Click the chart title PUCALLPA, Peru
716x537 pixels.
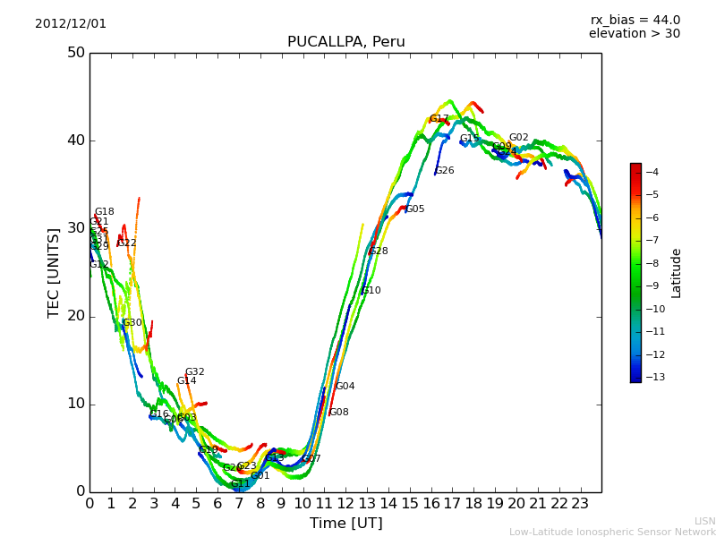tap(345, 42)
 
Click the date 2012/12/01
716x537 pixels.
tap(71, 23)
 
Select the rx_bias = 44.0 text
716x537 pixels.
tap(635, 20)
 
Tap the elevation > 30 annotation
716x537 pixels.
tap(634, 34)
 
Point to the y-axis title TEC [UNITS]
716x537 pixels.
tap(53, 272)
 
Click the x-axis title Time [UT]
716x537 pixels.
tap(345, 523)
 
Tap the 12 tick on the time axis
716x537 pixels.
tap(345, 504)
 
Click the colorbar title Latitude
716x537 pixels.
tap(677, 273)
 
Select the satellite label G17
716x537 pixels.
tap(439, 119)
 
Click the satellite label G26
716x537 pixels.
tap(444, 171)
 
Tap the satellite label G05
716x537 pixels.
tap(414, 209)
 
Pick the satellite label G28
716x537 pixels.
tap(379, 251)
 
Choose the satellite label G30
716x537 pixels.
tap(132, 323)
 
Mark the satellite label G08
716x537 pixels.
tap(338, 413)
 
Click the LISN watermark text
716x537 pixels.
tap(704, 521)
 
